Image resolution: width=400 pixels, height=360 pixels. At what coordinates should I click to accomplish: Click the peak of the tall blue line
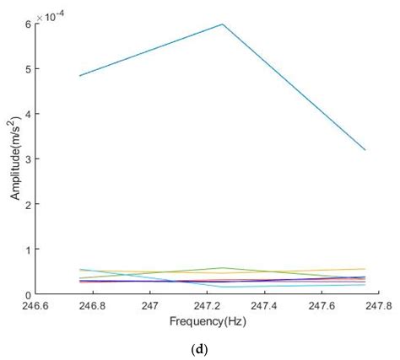(223, 24)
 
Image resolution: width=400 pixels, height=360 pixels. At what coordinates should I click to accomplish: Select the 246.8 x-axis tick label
(95, 305)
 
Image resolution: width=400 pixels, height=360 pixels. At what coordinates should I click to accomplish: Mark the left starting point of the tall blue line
(81, 76)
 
